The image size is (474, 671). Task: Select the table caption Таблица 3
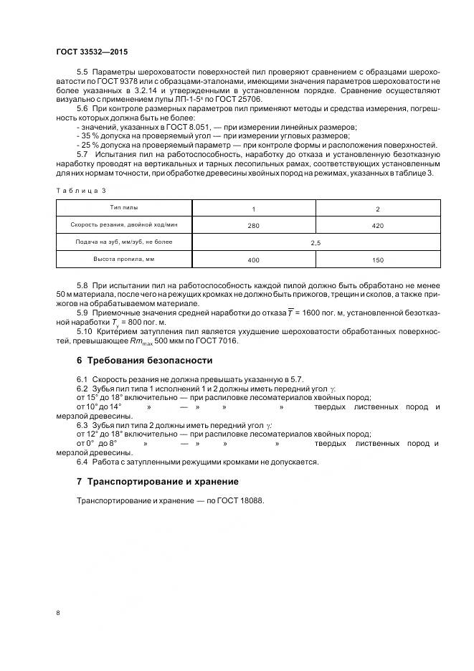tap(80, 191)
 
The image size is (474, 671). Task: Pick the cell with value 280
tap(252, 226)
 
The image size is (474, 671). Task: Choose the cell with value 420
tap(378, 226)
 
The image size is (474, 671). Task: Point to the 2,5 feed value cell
tap(316, 244)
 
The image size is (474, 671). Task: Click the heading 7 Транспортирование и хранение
tap(157, 482)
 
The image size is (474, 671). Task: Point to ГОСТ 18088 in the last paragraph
tap(242, 500)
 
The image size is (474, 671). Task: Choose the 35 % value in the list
tap(89, 134)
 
